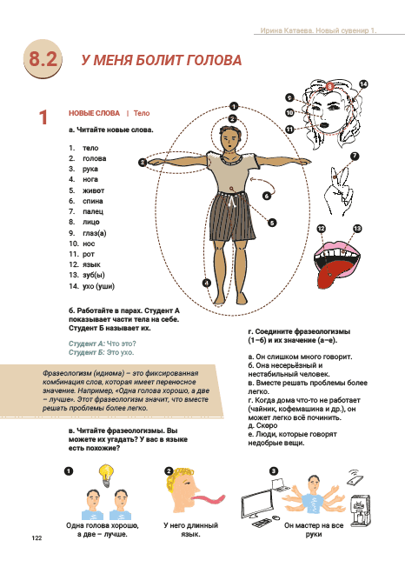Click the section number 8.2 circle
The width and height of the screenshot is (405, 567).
(x=43, y=58)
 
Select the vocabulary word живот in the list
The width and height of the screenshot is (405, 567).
(x=93, y=190)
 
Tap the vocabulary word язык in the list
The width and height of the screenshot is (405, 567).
(x=91, y=264)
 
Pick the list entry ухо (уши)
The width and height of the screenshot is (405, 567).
(x=98, y=286)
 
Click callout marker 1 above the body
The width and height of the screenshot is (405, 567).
(x=234, y=106)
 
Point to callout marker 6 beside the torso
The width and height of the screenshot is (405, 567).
(x=267, y=196)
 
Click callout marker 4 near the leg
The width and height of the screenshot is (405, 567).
(x=207, y=283)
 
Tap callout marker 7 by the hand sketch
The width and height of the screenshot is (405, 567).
(x=355, y=157)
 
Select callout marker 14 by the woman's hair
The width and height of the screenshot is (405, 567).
(x=363, y=84)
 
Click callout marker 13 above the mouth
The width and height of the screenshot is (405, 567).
(x=357, y=229)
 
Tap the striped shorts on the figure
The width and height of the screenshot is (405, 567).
(x=232, y=217)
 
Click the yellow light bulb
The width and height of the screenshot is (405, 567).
(x=106, y=475)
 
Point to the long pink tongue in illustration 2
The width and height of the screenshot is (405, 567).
(x=209, y=499)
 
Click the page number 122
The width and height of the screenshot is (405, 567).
(x=37, y=537)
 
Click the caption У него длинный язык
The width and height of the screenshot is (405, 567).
(x=190, y=530)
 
